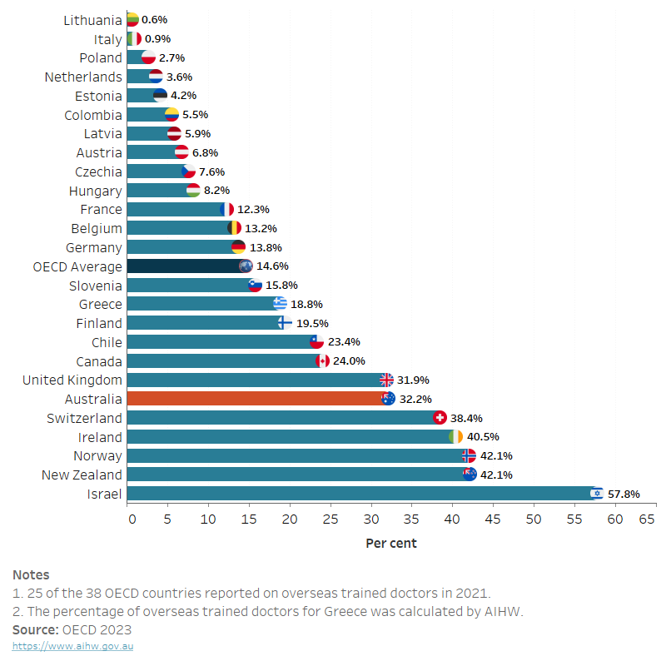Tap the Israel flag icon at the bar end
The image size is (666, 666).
pyautogui.click(x=596, y=494)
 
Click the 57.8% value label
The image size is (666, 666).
pyautogui.click(x=624, y=494)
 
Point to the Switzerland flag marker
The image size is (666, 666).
pyautogui.click(x=440, y=418)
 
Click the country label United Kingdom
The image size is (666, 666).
pyautogui.click(x=72, y=380)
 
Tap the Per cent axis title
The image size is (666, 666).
pyautogui.click(x=391, y=544)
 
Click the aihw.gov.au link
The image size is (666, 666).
pyautogui.click(x=72, y=646)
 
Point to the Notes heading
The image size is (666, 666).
pyautogui.click(x=31, y=575)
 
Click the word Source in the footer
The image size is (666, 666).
pyautogui.click(x=35, y=629)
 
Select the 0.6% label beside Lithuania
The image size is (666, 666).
pyautogui.click(x=154, y=19)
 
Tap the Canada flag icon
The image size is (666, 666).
pyautogui.click(x=323, y=361)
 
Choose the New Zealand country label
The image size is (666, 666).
pyautogui.click(x=82, y=475)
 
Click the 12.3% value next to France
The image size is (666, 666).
pyautogui.click(x=253, y=210)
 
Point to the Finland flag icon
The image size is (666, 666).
pyautogui.click(x=285, y=323)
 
